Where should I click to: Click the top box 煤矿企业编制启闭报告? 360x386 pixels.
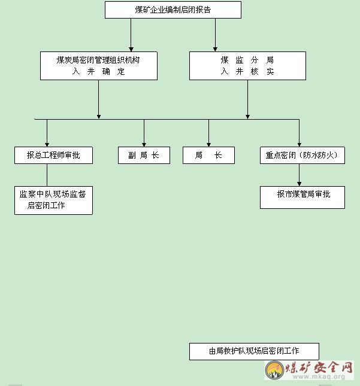[x=173, y=10]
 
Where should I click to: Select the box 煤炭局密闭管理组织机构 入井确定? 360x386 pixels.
[x=99, y=66]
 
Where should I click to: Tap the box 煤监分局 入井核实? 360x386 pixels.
[x=247, y=66]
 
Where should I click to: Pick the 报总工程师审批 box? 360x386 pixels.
[x=54, y=156]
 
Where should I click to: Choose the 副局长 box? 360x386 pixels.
[x=144, y=156]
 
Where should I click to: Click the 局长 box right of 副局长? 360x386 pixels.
[x=208, y=156]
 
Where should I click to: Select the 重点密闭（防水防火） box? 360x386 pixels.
[x=302, y=156]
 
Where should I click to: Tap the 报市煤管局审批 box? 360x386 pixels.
[x=302, y=197]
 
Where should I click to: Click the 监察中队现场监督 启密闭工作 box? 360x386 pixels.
[x=53, y=200]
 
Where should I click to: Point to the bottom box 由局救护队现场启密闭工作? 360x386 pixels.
[x=254, y=351]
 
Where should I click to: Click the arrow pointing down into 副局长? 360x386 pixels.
[x=144, y=133]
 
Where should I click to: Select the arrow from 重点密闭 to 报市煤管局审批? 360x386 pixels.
[x=299, y=175]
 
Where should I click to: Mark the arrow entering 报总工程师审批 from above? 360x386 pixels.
[x=47, y=133]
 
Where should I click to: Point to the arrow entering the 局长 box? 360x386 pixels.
[x=208, y=133]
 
